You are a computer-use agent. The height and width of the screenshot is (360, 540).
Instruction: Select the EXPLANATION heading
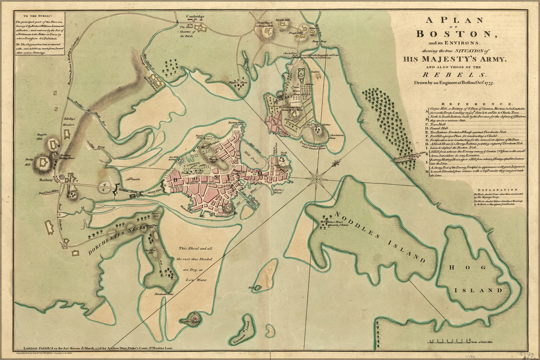[x=498, y=189]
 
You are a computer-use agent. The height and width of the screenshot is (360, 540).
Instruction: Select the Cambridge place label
[x=195, y=17]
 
